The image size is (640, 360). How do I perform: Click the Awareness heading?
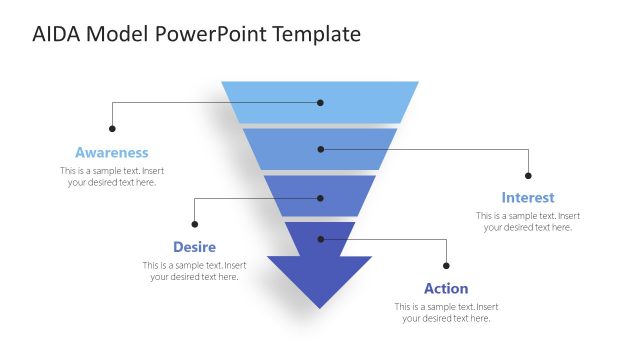(x=111, y=153)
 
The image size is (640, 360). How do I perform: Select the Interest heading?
(x=528, y=198)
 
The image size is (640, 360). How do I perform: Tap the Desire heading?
(x=194, y=247)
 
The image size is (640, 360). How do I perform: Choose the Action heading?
(x=446, y=289)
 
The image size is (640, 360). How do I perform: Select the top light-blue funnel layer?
(x=320, y=102)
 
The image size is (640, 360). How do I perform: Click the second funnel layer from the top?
(x=320, y=149)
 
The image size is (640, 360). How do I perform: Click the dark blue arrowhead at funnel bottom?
(x=320, y=280)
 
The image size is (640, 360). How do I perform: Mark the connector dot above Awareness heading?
(x=112, y=128)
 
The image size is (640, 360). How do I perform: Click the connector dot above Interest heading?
(x=528, y=175)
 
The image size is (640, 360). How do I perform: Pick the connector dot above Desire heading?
(x=195, y=224)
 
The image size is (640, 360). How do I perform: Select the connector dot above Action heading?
(x=446, y=265)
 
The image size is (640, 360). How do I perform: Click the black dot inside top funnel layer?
(x=321, y=102)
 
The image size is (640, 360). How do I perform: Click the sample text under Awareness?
(x=111, y=177)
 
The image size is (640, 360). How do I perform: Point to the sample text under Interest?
(x=528, y=222)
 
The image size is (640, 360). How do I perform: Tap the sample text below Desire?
(x=194, y=271)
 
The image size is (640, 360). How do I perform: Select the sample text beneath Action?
(x=446, y=312)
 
